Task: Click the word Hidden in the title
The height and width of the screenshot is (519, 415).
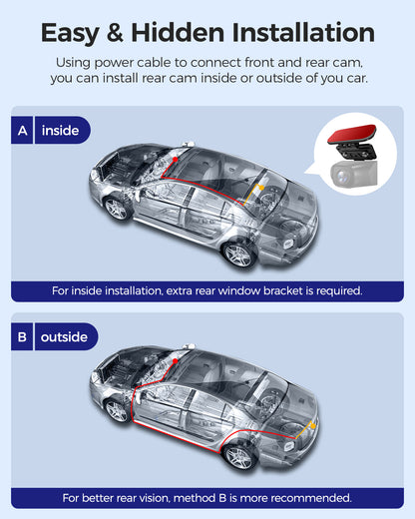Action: point(179,33)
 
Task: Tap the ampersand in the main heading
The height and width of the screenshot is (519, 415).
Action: point(115,33)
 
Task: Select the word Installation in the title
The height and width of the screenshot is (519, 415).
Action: point(303,33)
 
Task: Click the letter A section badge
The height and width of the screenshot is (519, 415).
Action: point(22,130)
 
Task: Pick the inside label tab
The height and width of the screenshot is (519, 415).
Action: point(63,130)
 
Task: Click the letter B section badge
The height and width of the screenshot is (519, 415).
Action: point(22,336)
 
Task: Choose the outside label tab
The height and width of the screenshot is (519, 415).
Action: point(66,336)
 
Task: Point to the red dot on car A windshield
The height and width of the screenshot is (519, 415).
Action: point(176,160)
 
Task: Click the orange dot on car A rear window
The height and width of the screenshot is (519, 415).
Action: point(261,188)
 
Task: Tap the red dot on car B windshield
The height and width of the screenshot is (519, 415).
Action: point(176,361)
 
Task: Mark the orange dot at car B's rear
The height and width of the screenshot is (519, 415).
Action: point(313,426)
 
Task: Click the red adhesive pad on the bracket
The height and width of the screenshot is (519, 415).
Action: point(352,134)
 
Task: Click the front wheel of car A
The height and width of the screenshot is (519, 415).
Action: point(116,209)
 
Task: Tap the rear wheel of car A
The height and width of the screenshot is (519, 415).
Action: point(238,255)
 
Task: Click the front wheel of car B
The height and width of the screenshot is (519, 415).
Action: point(116,411)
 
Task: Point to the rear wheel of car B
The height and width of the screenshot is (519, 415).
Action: point(238,456)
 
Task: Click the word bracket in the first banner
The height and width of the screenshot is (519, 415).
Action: point(283,291)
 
